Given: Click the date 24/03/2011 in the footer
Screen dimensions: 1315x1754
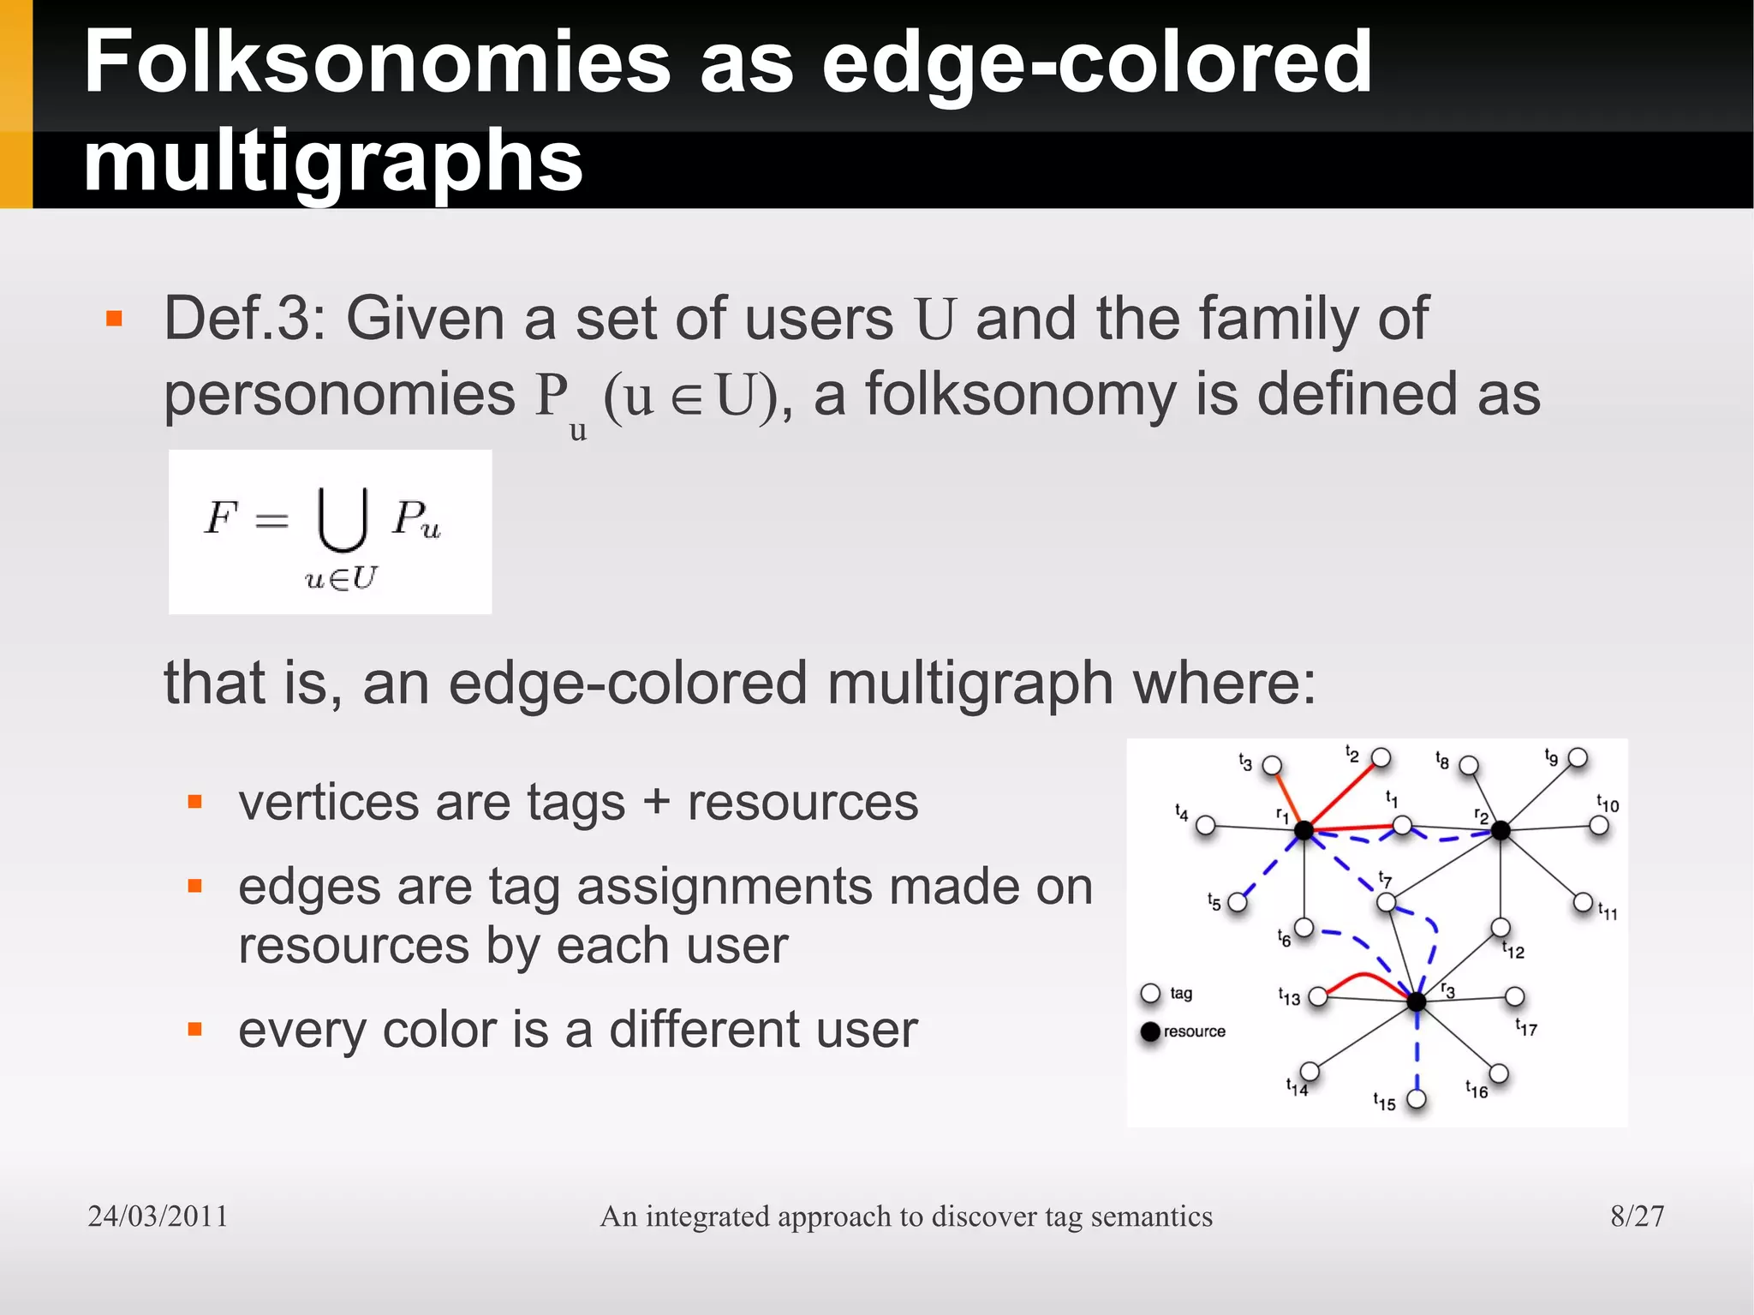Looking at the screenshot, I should point(158,1216).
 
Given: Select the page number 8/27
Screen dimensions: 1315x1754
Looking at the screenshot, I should point(1637,1216).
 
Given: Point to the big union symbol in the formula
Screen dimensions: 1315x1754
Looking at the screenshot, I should point(343,519).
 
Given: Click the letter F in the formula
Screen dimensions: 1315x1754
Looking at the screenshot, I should point(219,517).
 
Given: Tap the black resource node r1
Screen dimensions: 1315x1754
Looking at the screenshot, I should point(1304,829).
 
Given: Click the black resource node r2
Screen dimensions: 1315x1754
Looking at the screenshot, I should point(1500,829).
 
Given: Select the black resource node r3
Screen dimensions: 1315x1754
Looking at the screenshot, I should point(1417,1001).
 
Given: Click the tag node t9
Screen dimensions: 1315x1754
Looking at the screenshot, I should point(1578,758).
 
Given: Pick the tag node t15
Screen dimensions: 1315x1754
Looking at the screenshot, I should point(1417,1099).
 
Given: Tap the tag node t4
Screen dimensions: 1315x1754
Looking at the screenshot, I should point(1206,825).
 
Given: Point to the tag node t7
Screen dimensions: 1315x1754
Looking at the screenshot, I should point(1386,902).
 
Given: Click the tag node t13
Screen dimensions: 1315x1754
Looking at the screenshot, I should point(1318,996).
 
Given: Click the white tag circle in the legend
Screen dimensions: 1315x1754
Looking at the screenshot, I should point(1150,994).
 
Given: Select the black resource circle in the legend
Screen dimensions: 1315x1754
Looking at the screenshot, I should point(1150,1031).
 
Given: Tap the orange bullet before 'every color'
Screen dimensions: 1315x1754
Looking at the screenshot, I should point(195,1029).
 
